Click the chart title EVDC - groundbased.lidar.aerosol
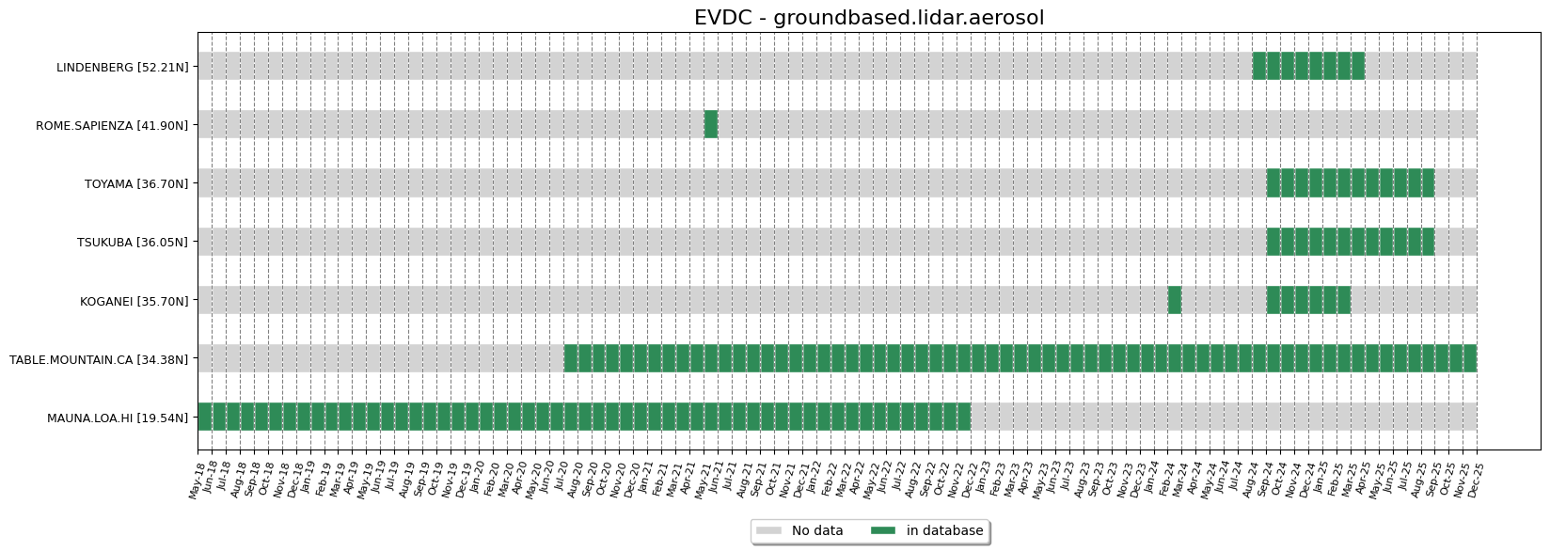[x=868, y=18]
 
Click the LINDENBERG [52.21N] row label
[x=122, y=67]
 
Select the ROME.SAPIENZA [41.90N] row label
[x=112, y=125]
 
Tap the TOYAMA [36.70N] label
[x=136, y=183]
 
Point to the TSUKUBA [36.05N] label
[x=133, y=243]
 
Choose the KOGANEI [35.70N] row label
[x=134, y=301]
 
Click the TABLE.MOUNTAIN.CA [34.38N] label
[x=99, y=359]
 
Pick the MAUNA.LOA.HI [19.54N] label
[x=118, y=418]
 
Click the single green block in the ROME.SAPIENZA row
[x=711, y=124]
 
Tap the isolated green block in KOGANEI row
[x=1175, y=300]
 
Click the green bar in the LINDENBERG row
[x=1308, y=66]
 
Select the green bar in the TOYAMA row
[x=1351, y=182]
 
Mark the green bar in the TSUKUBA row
[x=1351, y=242]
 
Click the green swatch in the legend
[x=883, y=531]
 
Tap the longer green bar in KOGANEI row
[x=1308, y=300]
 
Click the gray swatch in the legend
[x=768, y=531]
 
